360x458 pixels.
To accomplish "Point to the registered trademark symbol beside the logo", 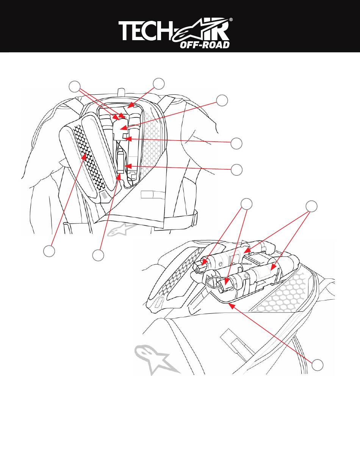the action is pyautogui.click(x=231, y=19).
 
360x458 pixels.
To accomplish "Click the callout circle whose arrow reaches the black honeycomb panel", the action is pyautogui.click(x=48, y=251).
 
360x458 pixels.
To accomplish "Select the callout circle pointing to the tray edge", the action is pyautogui.click(x=318, y=365).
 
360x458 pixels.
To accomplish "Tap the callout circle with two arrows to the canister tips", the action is pyautogui.click(x=247, y=203).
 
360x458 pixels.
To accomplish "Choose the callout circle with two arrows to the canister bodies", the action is pyautogui.click(x=311, y=206).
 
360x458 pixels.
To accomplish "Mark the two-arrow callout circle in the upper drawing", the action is pyautogui.click(x=75, y=86).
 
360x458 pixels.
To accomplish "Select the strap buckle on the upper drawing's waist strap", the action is pyautogui.click(x=195, y=217).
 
